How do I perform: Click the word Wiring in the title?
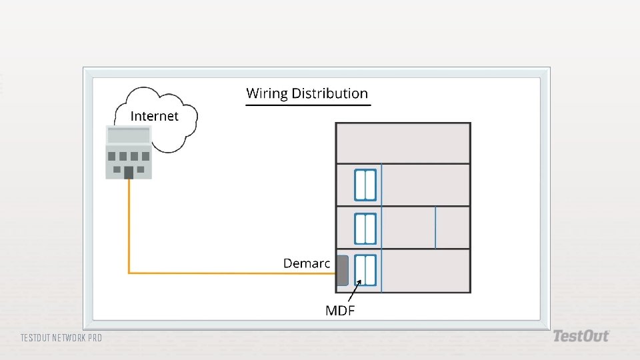coord(265,94)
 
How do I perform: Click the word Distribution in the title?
coord(328,93)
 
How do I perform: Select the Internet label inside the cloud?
coord(155,116)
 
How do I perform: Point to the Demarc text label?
coord(307,263)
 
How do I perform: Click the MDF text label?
coord(339,310)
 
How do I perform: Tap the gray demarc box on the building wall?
coord(342,270)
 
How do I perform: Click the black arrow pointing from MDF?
coord(354,291)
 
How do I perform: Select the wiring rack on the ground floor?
coord(365,271)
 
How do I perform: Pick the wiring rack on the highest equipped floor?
coord(365,185)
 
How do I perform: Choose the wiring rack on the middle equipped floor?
coord(365,229)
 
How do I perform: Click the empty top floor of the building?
coord(403,143)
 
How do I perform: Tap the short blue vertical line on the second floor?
coord(435,228)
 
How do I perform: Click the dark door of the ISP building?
coord(129,173)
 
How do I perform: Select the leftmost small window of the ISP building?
coord(112,157)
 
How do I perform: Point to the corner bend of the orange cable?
coord(129,272)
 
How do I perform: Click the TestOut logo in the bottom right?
coord(581,336)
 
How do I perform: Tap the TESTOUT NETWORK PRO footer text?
coord(61,338)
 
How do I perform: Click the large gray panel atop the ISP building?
coord(129,135)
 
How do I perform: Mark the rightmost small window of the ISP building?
coord(145,157)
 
